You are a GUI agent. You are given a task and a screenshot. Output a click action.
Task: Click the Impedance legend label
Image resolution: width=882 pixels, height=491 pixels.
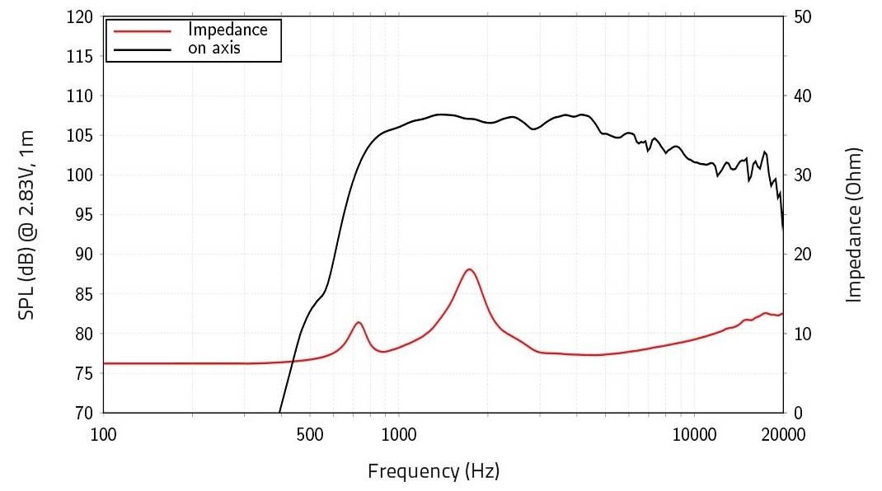pyautogui.click(x=228, y=30)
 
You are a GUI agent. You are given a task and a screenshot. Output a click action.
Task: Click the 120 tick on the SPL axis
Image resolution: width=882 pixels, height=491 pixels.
pyautogui.click(x=79, y=16)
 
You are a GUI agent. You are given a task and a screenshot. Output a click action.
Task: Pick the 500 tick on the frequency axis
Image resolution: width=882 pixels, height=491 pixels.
pyautogui.click(x=310, y=434)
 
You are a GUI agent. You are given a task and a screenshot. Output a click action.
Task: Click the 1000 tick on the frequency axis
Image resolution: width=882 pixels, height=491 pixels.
pyautogui.click(x=398, y=434)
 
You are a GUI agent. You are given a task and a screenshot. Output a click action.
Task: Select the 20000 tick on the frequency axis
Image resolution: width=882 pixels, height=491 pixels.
pyautogui.click(x=781, y=434)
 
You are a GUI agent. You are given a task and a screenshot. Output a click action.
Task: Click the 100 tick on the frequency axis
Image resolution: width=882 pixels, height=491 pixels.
pyautogui.click(x=104, y=434)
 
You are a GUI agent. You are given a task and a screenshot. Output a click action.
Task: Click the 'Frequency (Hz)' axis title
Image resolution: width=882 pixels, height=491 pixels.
pyautogui.click(x=434, y=471)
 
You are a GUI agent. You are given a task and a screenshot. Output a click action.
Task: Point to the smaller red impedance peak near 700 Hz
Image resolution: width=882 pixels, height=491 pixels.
pyautogui.click(x=359, y=322)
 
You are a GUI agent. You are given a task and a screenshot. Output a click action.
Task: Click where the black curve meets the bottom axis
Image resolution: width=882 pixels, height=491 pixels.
pyautogui.click(x=280, y=412)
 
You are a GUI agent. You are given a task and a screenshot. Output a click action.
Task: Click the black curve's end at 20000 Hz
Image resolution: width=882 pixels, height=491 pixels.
pyautogui.click(x=782, y=231)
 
